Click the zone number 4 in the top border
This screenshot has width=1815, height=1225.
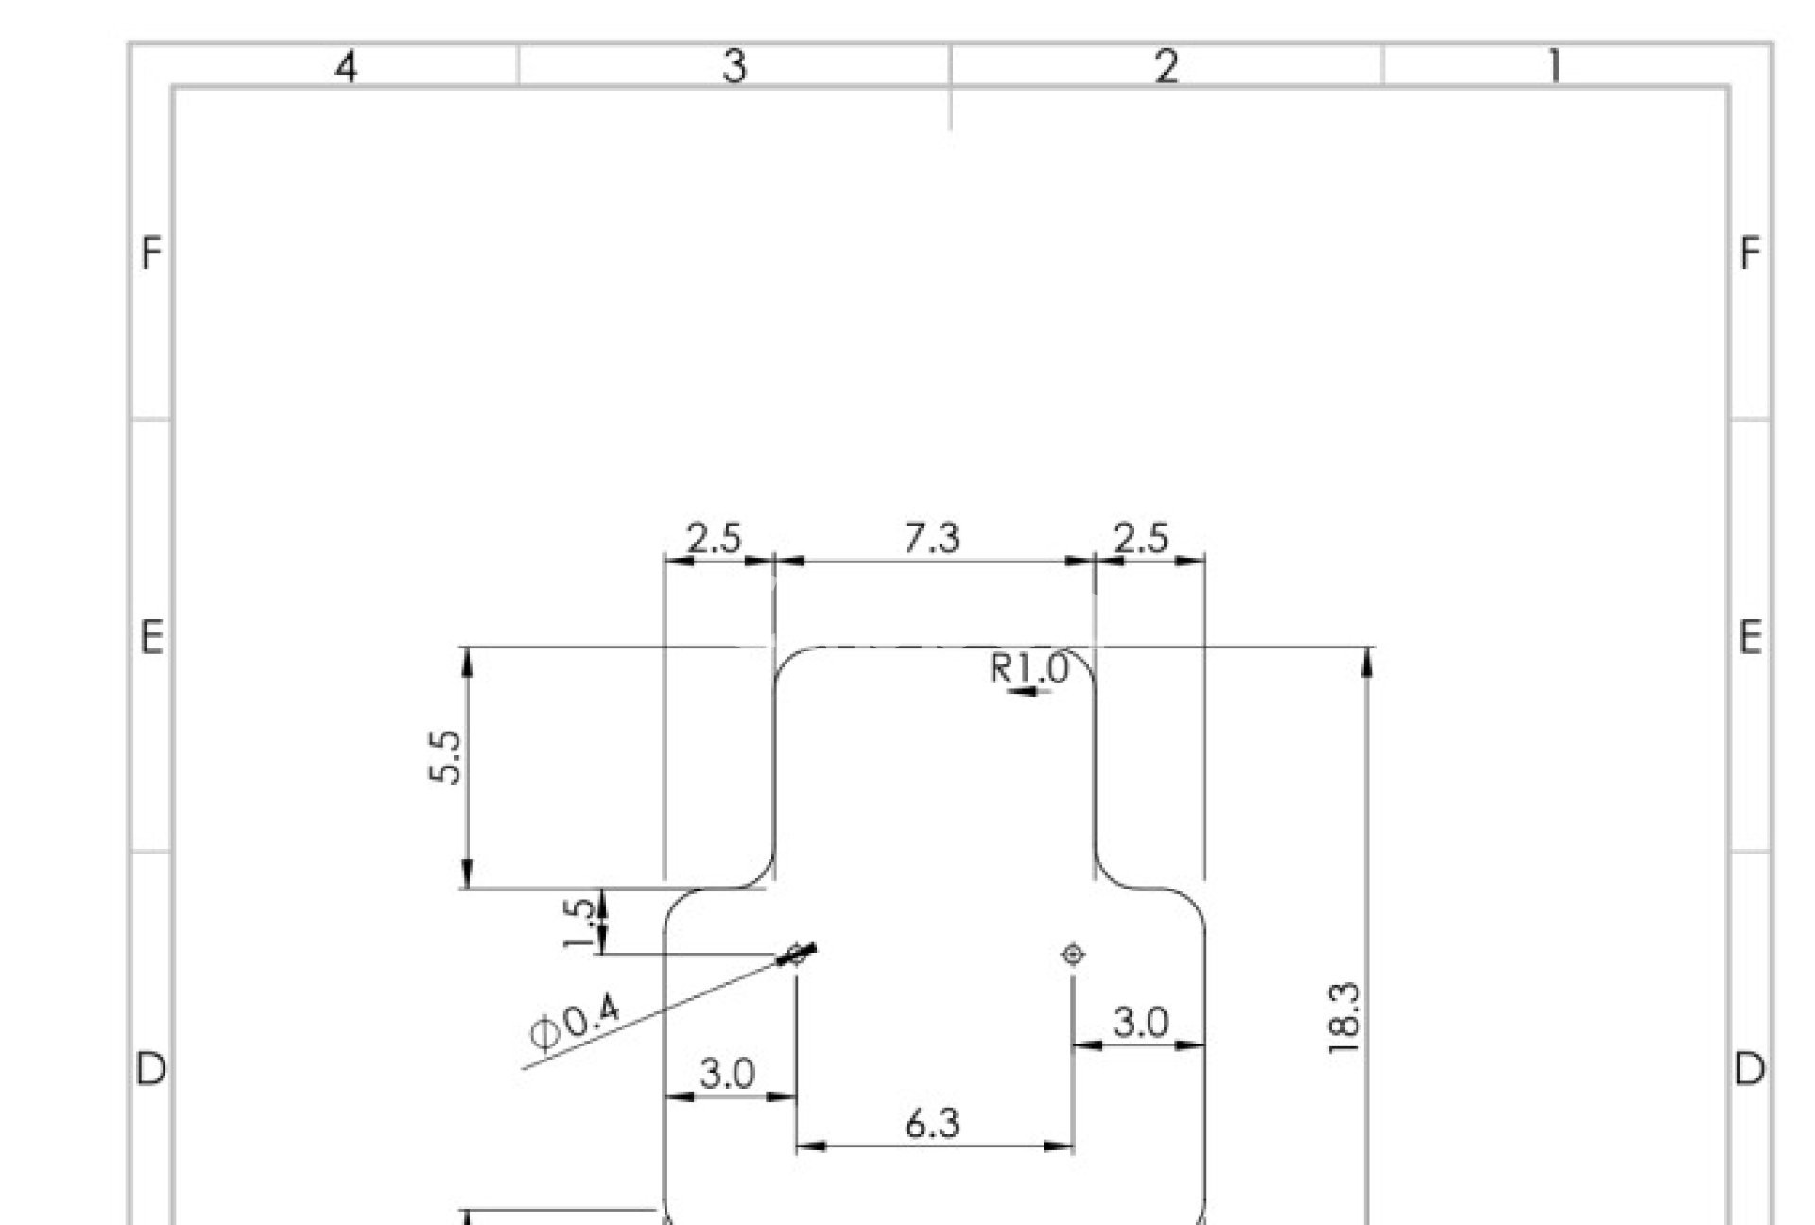tap(347, 67)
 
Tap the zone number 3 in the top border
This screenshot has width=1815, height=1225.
tap(735, 67)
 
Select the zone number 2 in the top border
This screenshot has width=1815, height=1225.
tap(1167, 67)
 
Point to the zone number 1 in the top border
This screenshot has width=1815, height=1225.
tap(1554, 67)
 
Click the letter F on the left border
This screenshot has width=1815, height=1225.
tap(151, 254)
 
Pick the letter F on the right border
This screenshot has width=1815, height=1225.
tap(1750, 254)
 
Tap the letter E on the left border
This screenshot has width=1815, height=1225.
tap(151, 638)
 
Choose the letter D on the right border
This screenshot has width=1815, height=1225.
tap(1750, 1069)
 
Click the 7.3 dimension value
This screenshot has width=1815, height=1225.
tap(932, 538)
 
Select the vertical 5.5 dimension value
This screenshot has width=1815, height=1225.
tap(446, 756)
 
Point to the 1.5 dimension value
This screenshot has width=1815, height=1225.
tap(579, 923)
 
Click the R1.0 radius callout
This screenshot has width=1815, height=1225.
tap(1028, 668)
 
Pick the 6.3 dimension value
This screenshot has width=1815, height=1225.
tap(932, 1124)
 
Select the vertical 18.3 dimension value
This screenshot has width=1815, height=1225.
tap(1343, 1018)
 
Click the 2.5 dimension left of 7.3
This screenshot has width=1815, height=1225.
tap(714, 539)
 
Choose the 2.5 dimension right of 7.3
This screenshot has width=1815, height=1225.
tap(1141, 539)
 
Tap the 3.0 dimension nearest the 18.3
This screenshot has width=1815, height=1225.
tap(1141, 1022)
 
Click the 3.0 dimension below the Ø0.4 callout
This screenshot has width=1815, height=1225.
tap(727, 1074)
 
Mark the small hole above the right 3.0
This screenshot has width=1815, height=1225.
tap(1073, 955)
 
